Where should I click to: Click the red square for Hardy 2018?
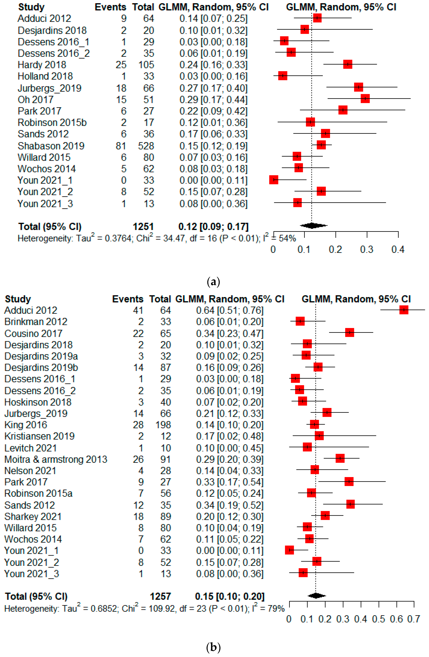tap(348, 65)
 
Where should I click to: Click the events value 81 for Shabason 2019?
tap(121, 146)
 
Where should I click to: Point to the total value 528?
tap(146, 146)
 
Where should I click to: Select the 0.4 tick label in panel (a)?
tap(398, 250)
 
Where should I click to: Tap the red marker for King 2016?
tap(314, 424)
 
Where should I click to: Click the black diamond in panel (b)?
tap(316, 596)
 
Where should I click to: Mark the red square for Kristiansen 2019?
tap(319, 436)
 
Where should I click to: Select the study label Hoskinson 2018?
tap(38, 402)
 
